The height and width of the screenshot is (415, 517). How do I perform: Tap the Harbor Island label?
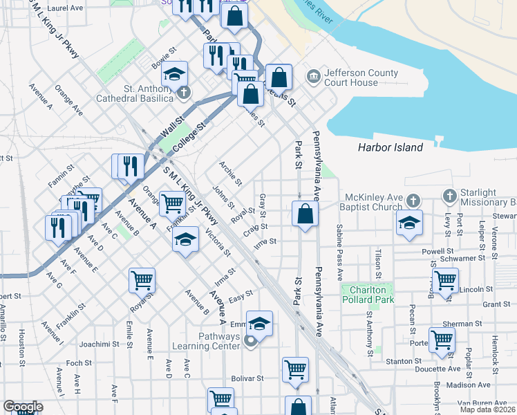[x=391, y=147]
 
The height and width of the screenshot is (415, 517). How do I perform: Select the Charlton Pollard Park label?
[x=368, y=295]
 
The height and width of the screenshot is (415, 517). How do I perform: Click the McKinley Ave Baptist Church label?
[x=370, y=201]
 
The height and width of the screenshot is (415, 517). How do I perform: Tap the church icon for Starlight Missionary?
[x=450, y=196]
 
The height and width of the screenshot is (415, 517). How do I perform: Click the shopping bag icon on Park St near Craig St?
[x=305, y=214]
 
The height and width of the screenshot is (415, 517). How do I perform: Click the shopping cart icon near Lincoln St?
[x=445, y=281]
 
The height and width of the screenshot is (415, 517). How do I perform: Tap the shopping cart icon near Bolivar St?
[x=295, y=369]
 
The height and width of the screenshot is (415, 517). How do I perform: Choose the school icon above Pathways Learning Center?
[x=258, y=323]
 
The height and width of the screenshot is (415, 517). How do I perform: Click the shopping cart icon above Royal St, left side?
[x=142, y=280]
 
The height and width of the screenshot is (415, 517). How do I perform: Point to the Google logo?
[x=23, y=407]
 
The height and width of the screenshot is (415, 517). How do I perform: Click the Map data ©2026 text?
[x=488, y=409]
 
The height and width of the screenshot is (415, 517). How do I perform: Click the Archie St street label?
[x=230, y=174]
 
